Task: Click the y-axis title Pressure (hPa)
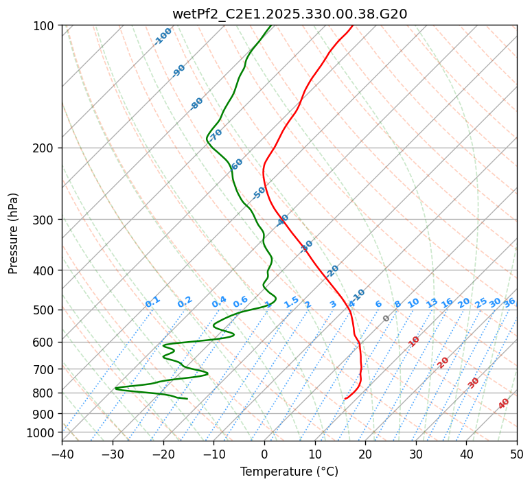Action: point(14,233)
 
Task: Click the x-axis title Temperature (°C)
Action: point(289,472)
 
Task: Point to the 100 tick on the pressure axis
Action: point(45,26)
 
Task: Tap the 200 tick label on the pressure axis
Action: point(45,148)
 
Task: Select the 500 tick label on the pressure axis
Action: point(45,310)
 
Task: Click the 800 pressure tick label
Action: point(45,393)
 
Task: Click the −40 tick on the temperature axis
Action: point(62,454)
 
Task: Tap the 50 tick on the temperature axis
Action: point(517,454)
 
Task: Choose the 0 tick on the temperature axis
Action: point(264,454)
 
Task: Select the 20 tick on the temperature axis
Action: point(365,454)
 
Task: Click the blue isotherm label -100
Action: point(163,36)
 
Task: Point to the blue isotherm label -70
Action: point(216,135)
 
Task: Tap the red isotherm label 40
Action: point(504,404)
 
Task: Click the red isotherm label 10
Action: point(414,341)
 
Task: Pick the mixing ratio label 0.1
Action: point(152,301)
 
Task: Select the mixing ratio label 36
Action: point(509,302)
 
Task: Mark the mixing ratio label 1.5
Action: point(292,301)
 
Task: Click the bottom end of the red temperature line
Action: point(345,398)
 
